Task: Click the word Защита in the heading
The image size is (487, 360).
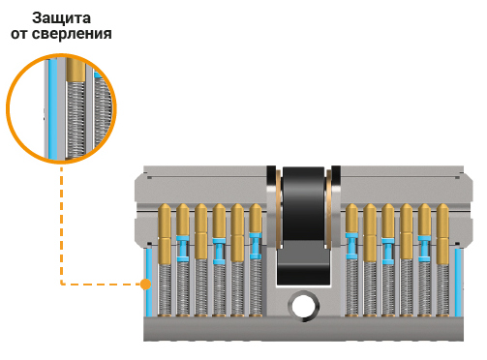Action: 61,18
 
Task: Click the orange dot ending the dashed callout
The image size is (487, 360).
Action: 146,285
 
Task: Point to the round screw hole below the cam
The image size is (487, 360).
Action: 304,305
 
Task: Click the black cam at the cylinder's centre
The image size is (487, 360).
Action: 303,225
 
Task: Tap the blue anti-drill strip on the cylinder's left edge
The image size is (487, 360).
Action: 149,283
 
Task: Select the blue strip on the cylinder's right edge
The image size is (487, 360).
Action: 458,283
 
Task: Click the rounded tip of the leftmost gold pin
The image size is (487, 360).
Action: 165,208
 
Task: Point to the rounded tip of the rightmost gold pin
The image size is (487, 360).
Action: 442,208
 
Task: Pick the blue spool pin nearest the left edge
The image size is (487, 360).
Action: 183,249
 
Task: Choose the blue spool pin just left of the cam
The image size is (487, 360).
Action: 256,246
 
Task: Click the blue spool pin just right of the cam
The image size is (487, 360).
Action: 351,246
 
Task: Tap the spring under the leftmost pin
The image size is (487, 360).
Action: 165,289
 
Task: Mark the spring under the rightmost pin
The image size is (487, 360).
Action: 442,289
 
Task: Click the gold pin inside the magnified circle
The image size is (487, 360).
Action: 76,69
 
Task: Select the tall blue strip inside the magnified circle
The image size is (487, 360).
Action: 53,109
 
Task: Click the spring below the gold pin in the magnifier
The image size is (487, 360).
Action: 76,119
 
